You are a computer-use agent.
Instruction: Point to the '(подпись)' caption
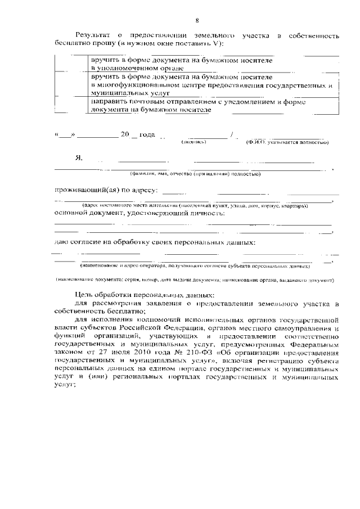193,142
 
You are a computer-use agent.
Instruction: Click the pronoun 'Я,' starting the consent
79,158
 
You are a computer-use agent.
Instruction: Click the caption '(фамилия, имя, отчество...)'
195,174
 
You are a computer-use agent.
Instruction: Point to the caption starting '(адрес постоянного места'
195,206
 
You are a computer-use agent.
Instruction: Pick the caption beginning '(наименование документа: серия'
195,280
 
